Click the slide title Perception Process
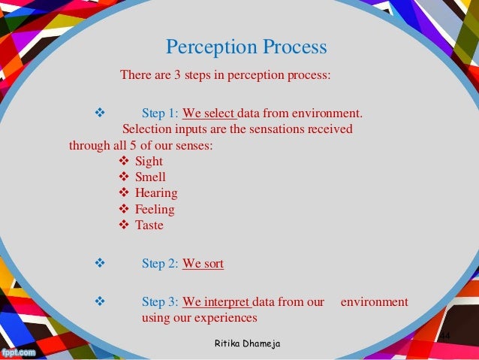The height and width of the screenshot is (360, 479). click(246, 48)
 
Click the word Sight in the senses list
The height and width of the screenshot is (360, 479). click(149, 162)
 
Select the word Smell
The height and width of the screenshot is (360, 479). click(150, 177)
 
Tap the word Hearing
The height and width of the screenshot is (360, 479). click(156, 193)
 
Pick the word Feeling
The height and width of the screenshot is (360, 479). click(155, 209)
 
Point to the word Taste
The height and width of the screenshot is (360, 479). click(149, 225)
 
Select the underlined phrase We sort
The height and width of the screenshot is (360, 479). click(203, 264)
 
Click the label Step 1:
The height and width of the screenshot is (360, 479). click(160, 114)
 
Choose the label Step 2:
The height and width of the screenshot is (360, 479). click(160, 264)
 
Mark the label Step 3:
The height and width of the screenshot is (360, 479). click(160, 302)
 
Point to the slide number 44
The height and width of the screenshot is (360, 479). click(444, 334)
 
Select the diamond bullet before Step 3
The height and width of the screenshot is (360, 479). click(97, 302)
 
